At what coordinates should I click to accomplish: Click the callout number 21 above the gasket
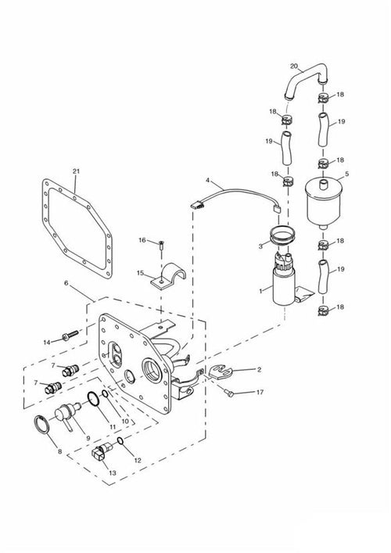(76, 171)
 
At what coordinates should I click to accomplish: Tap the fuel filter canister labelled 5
(324, 203)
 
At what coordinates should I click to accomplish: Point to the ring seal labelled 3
(282, 235)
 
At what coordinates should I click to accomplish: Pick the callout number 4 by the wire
(208, 180)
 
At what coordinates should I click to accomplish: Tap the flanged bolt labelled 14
(71, 335)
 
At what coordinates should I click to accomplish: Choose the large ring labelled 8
(42, 424)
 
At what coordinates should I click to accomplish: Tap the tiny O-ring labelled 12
(120, 441)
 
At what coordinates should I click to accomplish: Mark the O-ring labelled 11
(93, 399)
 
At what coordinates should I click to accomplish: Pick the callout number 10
(125, 421)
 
